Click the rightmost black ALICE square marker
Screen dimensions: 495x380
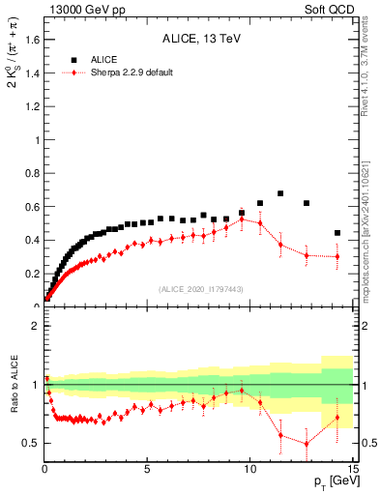coord(337,233)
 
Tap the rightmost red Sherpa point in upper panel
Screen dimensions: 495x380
coord(337,256)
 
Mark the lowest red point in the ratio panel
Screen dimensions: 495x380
coord(307,444)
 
